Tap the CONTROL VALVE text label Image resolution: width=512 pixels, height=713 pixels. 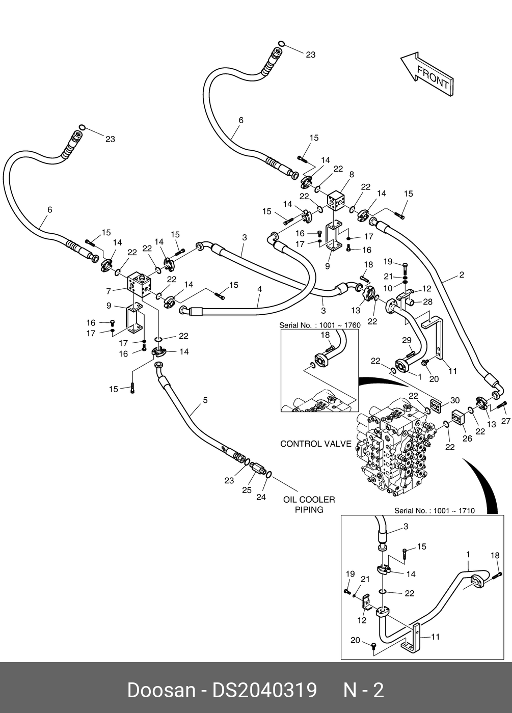[x=315, y=444]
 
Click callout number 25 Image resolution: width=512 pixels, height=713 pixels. [x=247, y=490]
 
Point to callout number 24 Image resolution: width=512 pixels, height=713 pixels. [x=261, y=497]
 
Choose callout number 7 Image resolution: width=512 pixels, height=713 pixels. [x=109, y=291]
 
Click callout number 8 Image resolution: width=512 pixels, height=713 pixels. [x=352, y=174]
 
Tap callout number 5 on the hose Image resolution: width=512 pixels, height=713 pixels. [x=205, y=400]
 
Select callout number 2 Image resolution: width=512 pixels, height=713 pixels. [x=462, y=275]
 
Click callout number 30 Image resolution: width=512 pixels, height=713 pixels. [x=454, y=400]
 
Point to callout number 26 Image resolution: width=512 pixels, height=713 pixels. [x=467, y=438]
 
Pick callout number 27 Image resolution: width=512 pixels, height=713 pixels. [x=505, y=421]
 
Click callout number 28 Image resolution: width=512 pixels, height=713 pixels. [x=427, y=301]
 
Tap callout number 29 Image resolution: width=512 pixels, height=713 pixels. [x=407, y=340]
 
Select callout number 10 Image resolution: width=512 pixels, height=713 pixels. [x=388, y=288]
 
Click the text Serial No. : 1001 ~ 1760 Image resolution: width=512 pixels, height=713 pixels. [x=320, y=325]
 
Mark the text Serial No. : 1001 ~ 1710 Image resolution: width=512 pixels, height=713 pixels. [x=434, y=510]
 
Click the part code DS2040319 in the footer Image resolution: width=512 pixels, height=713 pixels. [x=264, y=690]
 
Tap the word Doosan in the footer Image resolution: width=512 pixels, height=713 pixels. [x=161, y=690]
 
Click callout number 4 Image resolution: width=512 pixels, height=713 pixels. [x=259, y=289]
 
